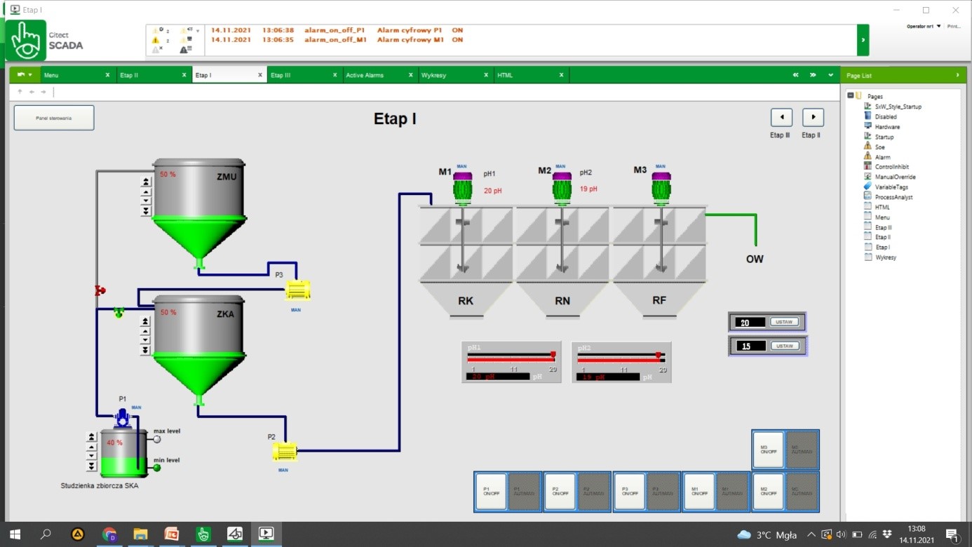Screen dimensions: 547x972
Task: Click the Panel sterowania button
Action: [54, 118]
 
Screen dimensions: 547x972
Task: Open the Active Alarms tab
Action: [365, 75]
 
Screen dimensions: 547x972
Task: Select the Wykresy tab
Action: [435, 75]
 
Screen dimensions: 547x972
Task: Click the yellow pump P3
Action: [298, 290]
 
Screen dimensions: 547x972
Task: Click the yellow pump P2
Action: [285, 452]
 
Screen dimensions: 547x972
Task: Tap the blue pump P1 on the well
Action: [123, 418]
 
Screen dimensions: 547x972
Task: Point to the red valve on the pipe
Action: [100, 290]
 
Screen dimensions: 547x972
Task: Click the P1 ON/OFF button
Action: [491, 491]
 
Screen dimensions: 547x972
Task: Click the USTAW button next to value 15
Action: [785, 346]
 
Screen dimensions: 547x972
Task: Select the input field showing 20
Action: [750, 323]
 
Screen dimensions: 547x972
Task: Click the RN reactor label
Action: [562, 301]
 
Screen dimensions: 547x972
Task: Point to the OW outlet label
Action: [755, 259]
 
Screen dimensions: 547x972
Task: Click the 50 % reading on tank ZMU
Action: [168, 175]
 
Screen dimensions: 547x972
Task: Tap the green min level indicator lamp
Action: [157, 468]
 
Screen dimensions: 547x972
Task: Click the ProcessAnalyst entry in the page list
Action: [893, 197]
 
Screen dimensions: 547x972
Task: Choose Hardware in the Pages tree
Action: [887, 127]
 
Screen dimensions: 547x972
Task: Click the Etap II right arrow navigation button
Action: [813, 117]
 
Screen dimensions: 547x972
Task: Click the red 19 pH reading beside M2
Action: [588, 189]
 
